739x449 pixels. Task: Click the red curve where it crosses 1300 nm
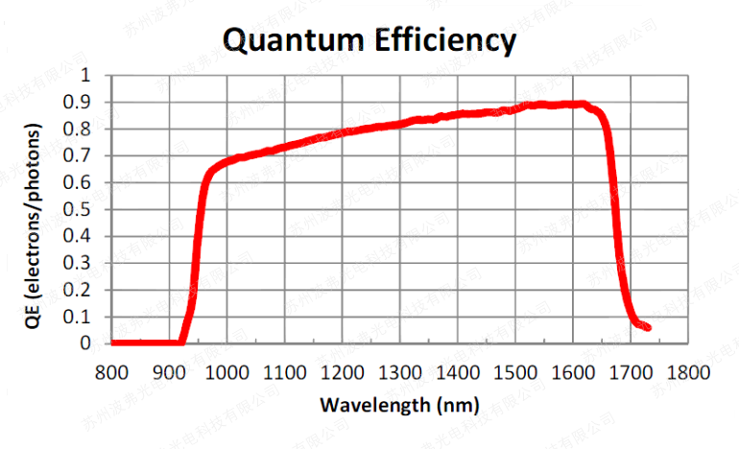(400, 123)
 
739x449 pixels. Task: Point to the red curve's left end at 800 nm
(114, 343)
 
